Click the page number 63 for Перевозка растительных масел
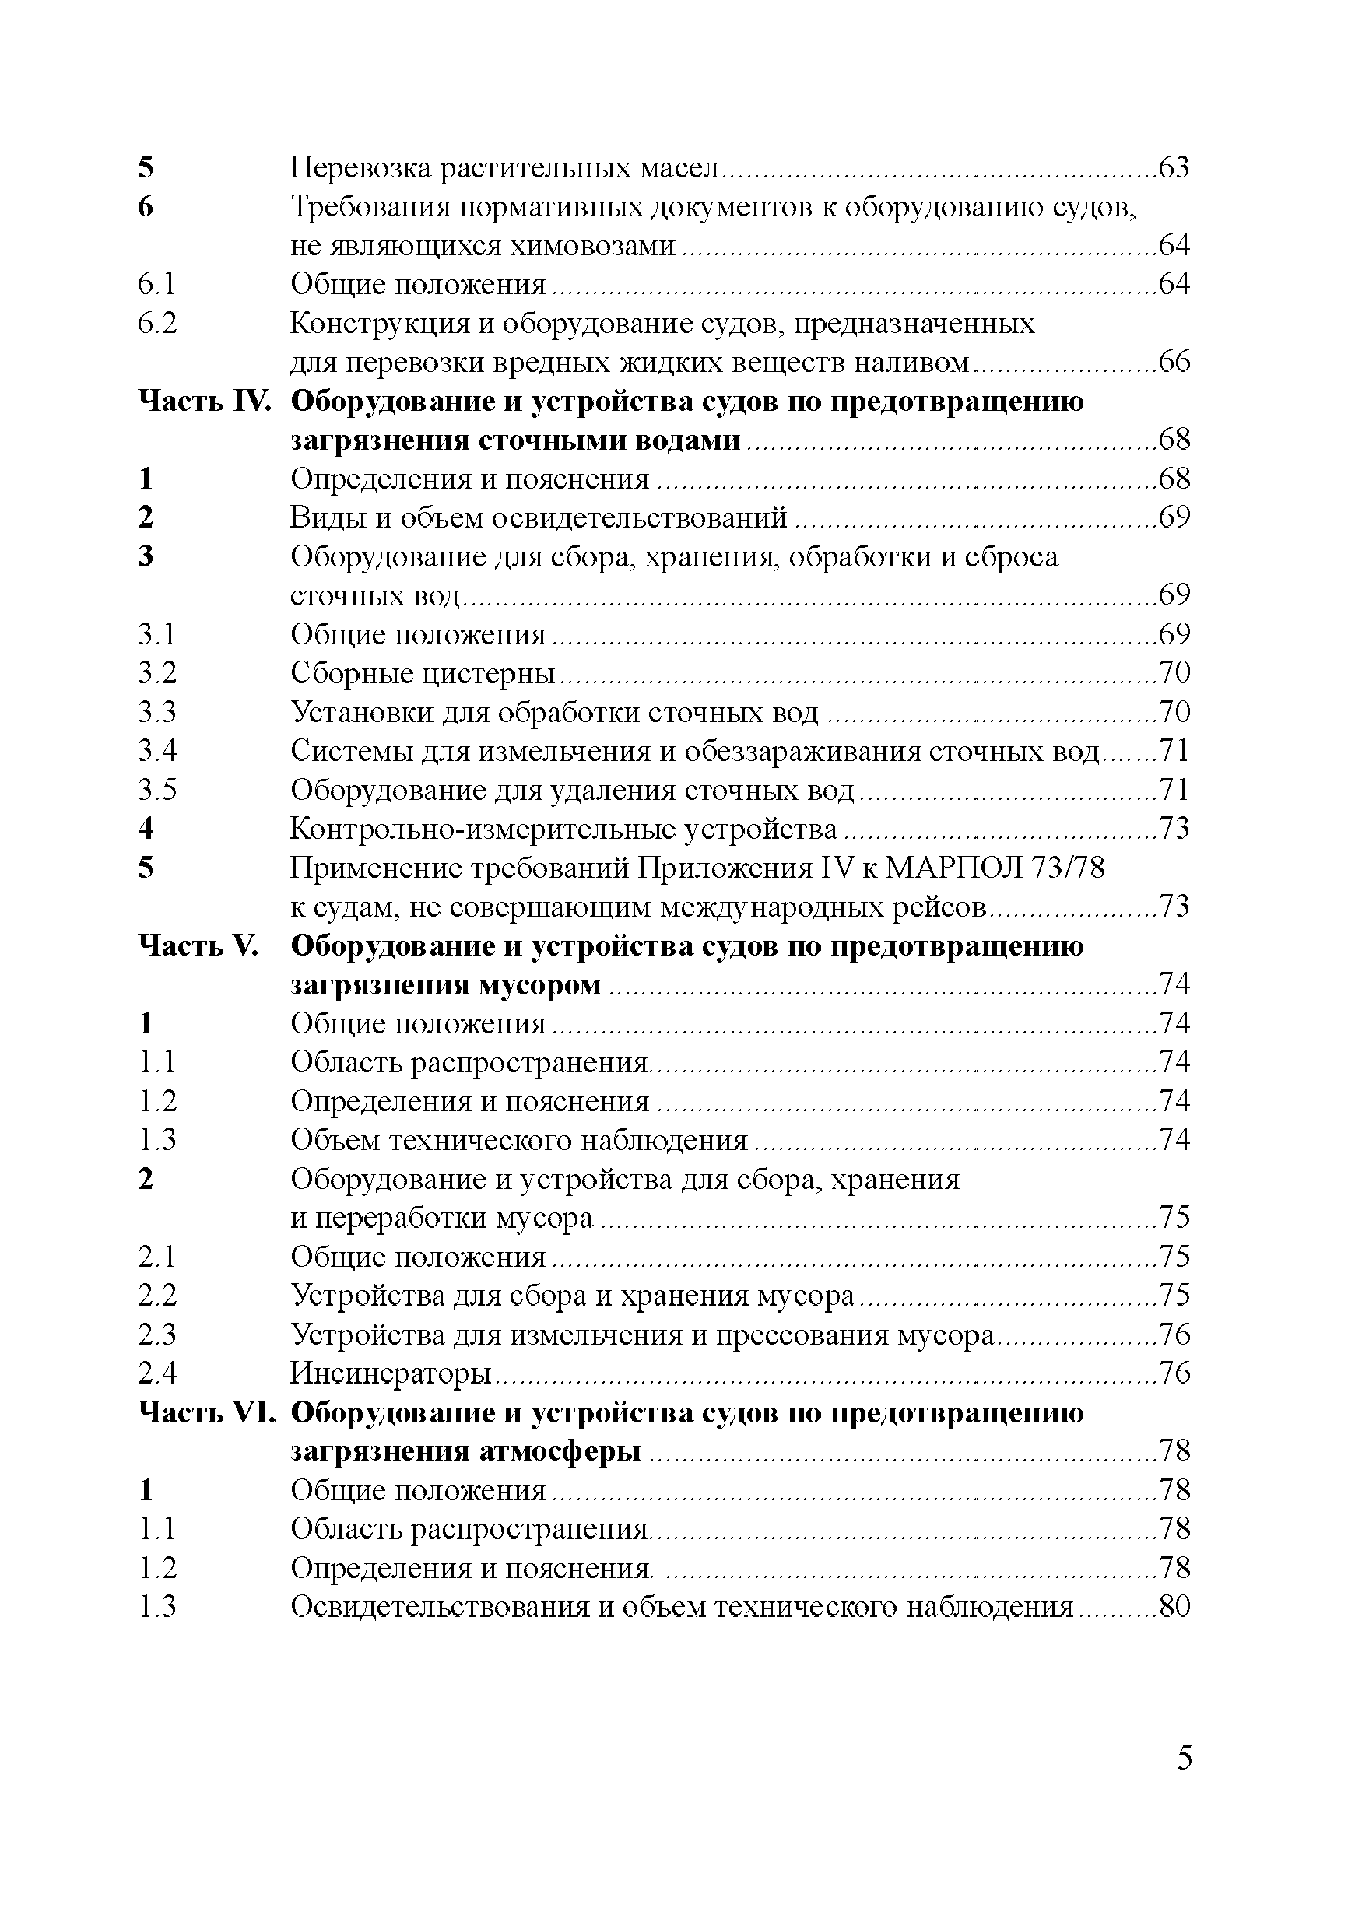pos(1174,168)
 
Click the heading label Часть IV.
pos(205,401)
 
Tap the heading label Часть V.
pos(198,945)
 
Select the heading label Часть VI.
pos(207,1412)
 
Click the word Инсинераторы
pos(391,1373)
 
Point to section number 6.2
pos(157,324)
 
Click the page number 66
pos(1174,362)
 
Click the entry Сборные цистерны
pos(423,673)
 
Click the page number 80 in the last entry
pos(1174,1606)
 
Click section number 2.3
pos(157,1335)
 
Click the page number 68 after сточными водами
pos(1174,440)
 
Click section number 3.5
pos(157,790)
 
